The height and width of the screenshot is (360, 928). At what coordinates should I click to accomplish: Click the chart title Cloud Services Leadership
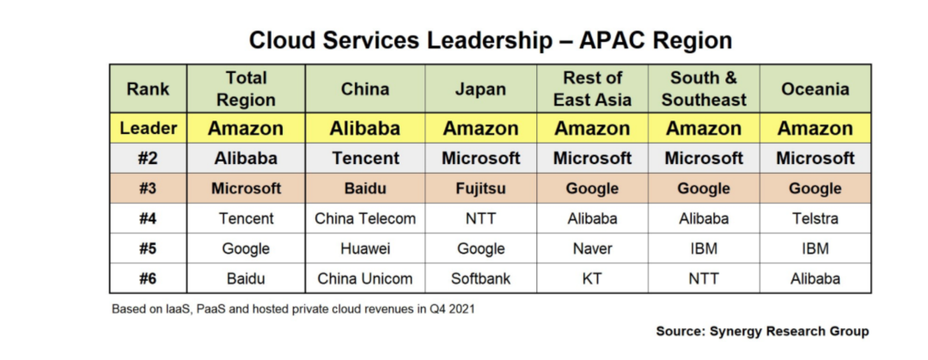click(x=490, y=40)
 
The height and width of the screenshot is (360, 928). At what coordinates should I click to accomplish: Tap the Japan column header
click(x=480, y=88)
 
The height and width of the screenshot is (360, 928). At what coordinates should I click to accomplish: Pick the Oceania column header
click(x=815, y=88)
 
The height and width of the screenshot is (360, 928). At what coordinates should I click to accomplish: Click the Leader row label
click(x=148, y=129)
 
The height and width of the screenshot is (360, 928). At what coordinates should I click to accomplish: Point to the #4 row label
click(x=148, y=218)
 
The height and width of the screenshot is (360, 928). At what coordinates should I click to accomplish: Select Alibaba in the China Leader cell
click(x=365, y=129)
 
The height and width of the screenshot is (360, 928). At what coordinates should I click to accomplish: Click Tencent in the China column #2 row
click(x=365, y=158)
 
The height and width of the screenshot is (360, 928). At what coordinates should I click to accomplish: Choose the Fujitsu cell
click(x=480, y=188)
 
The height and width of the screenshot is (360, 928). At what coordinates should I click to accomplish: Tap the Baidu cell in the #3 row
click(x=365, y=188)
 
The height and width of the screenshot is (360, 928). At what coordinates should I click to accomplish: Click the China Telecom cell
click(x=365, y=218)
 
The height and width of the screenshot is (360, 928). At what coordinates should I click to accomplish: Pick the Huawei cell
click(x=365, y=248)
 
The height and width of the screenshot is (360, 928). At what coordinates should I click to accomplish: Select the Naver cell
click(x=592, y=248)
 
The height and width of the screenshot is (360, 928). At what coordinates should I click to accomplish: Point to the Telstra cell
click(x=815, y=218)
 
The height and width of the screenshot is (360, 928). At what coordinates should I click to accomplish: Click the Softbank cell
click(x=480, y=278)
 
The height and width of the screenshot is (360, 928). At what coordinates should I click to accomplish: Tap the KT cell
click(x=592, y=278)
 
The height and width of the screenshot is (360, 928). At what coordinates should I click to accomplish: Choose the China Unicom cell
click(x=365, y=278)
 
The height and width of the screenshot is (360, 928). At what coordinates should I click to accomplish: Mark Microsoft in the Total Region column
click(x=247, y=188)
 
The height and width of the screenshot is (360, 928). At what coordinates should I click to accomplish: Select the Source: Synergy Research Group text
click(x=762, y=331)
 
